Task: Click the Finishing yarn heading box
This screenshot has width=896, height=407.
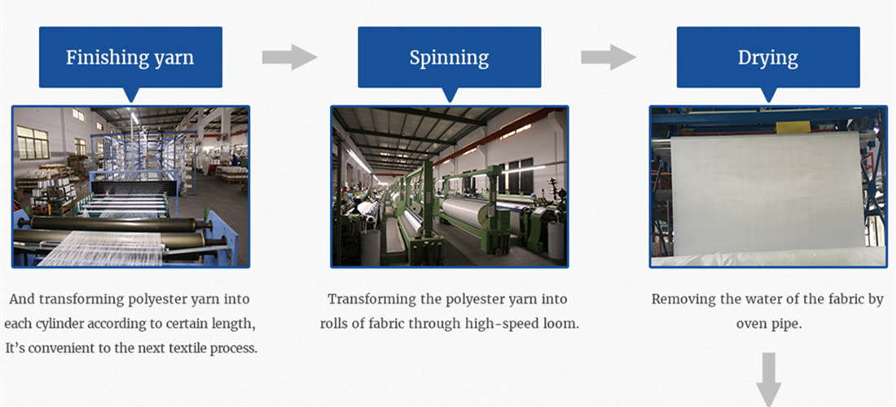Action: (x=130, y=57)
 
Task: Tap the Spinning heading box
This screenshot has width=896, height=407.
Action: (x=449, y=57)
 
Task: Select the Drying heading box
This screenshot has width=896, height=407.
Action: (x=768, y=57)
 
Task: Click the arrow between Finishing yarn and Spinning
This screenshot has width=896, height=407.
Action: (x=290, y=57)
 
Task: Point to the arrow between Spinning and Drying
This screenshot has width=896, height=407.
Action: (x=608, y=57)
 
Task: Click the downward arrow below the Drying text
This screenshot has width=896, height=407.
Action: (x=769, y=379)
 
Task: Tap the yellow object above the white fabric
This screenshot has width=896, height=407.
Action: (x=793, y=127)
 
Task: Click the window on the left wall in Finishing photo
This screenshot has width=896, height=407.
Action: (x=33, y=142)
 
